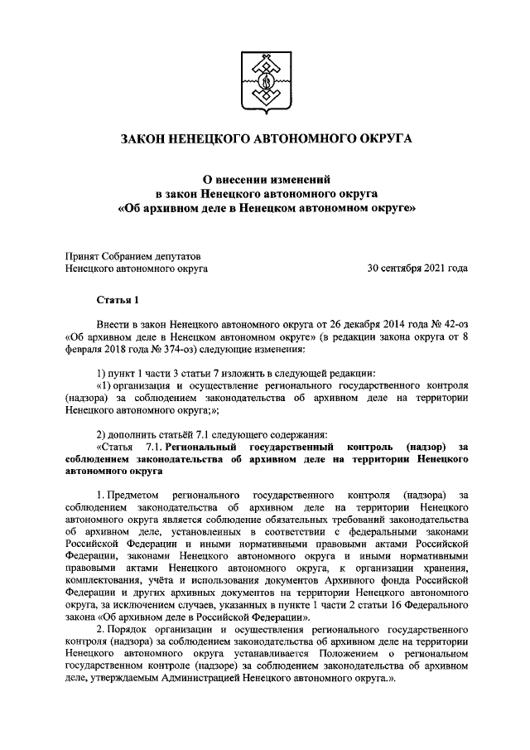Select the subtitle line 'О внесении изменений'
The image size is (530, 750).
pos(266,178)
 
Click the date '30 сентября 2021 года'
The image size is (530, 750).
pos(418,269)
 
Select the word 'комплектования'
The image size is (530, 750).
pos(102,582)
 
